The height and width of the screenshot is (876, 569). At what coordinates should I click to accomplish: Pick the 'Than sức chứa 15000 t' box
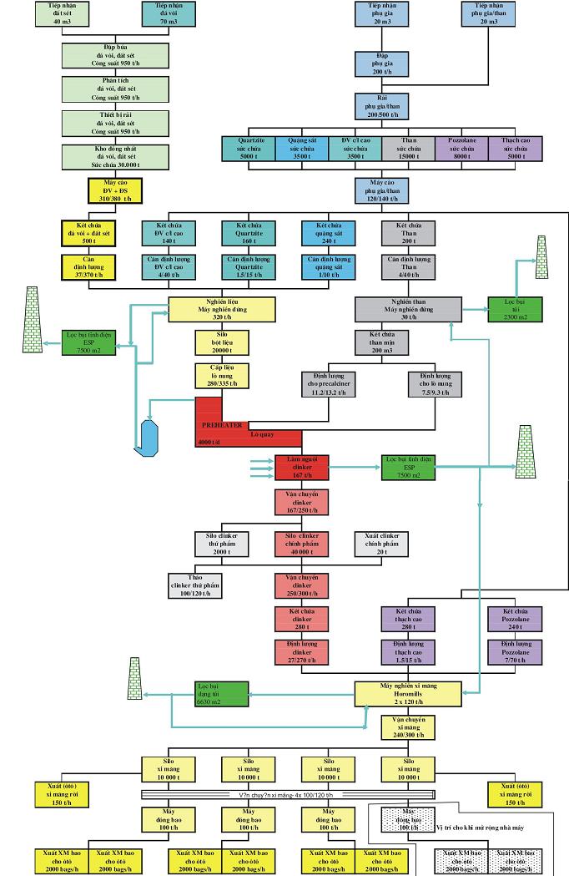pos(410,148)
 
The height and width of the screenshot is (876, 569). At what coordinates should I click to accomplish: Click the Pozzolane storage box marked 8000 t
pos(462,148)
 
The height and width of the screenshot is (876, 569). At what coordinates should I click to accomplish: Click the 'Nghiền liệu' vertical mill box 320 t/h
pos(222,309)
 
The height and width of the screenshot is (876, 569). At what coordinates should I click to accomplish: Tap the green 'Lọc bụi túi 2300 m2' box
pos(516,309)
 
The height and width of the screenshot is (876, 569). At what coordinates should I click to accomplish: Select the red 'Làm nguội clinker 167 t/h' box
pos(302,467)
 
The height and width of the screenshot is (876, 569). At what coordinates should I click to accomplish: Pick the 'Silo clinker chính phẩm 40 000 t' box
pos(302,544)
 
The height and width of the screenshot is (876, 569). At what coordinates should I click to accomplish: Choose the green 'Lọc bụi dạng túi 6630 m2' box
pos(221,692)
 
